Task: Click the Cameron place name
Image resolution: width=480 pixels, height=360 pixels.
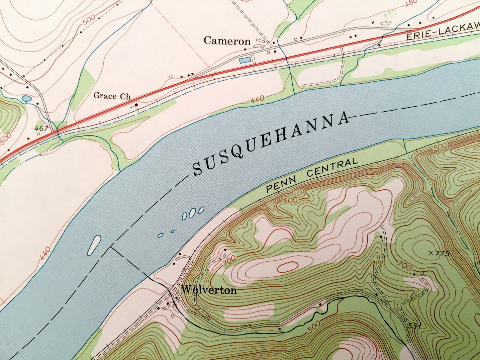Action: click(227, 41)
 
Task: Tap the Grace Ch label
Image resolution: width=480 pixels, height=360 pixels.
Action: click(112, 96)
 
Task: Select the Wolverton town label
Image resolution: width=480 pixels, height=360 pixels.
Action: click(209, 290)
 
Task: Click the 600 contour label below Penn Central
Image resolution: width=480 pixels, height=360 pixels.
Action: click(290, 201)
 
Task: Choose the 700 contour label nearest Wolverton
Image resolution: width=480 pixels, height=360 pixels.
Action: click(229, 259)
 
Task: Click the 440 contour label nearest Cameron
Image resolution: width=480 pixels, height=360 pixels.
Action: click(258, 99)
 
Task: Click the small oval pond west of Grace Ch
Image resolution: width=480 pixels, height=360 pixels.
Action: click(26, 99)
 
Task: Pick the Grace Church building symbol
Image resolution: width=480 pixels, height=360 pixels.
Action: click(136, 105)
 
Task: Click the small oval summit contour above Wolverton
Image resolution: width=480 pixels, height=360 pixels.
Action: click(287, 266)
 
